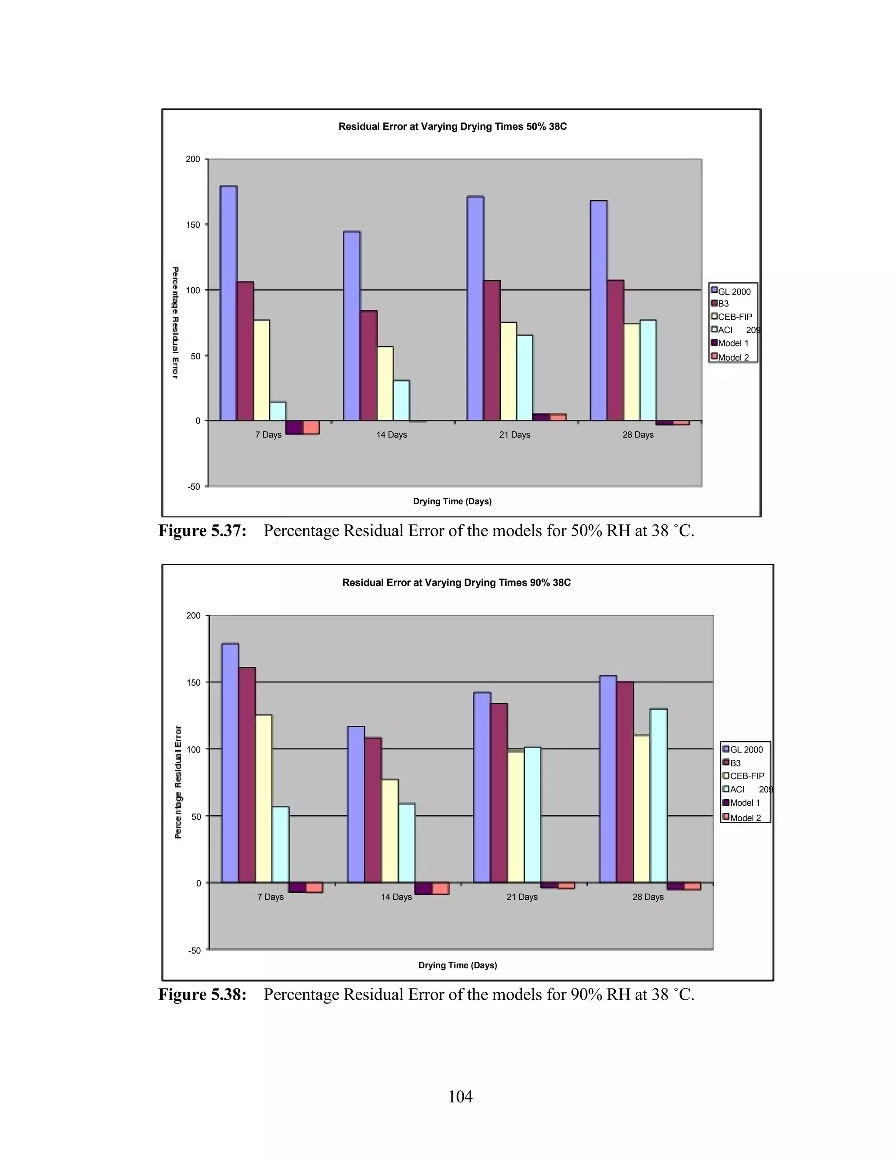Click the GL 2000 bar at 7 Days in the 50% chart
229,303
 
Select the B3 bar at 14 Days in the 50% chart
368,366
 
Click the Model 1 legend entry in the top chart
733,343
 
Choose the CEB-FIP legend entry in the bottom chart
746,776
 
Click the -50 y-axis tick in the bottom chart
194,951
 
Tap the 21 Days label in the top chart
514,435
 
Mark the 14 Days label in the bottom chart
396,897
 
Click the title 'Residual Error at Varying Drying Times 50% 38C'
452,127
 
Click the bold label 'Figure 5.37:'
202,531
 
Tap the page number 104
460,1096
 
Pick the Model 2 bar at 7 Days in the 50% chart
311,427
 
